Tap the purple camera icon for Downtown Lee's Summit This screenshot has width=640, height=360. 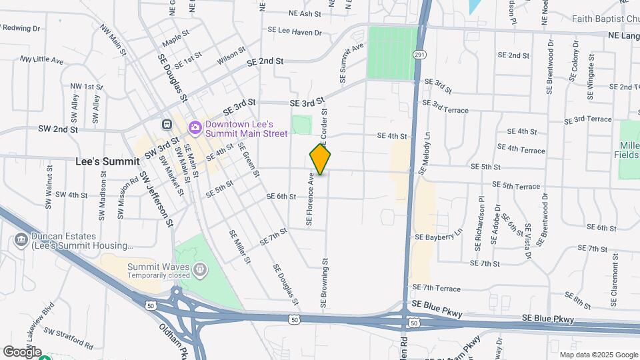[195, 125]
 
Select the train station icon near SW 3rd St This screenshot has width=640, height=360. [166, 124]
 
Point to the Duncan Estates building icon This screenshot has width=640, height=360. [19, 239]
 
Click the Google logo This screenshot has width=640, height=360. [22, 351]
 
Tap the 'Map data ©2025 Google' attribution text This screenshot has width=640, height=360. [598, 355]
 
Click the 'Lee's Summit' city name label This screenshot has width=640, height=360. [108, 161]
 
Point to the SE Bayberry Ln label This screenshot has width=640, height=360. [438, 236]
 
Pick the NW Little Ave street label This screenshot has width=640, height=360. [41, 60]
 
